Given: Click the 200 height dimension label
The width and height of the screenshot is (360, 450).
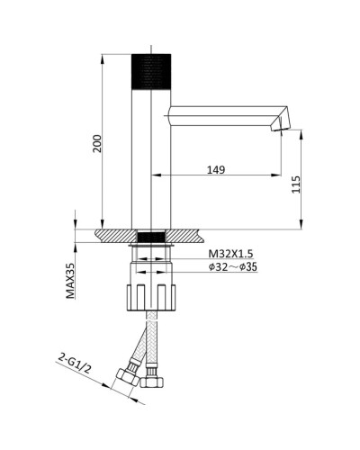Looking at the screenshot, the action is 97,144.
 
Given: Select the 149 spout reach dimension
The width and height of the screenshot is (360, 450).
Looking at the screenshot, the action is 216,170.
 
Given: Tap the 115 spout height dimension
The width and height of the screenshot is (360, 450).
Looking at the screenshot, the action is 296,184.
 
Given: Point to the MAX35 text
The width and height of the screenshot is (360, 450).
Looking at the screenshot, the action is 71,281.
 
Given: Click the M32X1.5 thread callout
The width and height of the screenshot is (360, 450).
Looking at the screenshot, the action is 230,254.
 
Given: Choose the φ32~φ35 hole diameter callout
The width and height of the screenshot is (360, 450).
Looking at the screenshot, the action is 233,266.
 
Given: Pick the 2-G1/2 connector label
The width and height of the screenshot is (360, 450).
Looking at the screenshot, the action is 75,363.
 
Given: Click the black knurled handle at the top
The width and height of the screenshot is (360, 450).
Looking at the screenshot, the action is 151,71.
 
